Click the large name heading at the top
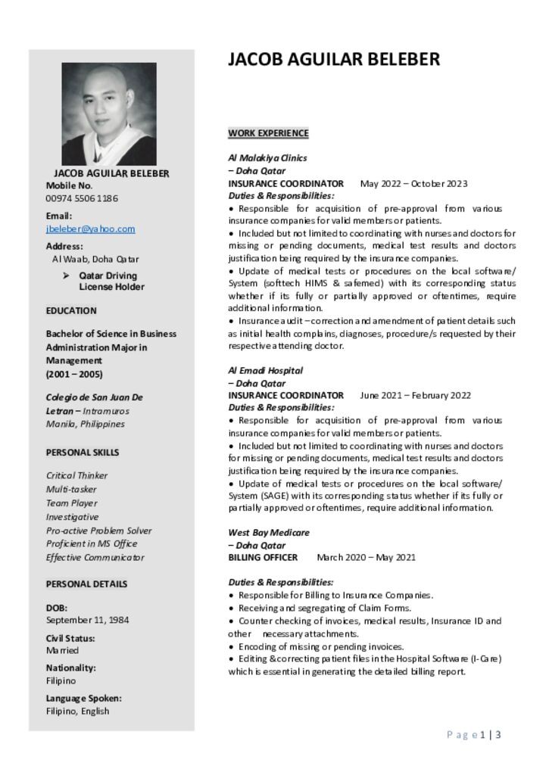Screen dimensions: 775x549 (334, 60)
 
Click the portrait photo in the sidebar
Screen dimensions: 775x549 (109, 114)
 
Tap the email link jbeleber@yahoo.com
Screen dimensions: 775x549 (90, 229)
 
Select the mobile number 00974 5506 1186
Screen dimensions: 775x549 (82, 198)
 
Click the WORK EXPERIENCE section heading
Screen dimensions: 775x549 (268, 133)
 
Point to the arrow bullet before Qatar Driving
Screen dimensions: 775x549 (66, 276)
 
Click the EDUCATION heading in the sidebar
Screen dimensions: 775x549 (71, 310)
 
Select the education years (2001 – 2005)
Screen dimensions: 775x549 (74, 374)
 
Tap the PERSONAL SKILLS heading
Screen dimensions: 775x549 (83, 453)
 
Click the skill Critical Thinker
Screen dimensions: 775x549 (76, 475)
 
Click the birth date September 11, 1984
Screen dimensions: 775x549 (87, 620)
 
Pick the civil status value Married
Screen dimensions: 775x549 (62, 650)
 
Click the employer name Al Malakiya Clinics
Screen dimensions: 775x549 (267, 158)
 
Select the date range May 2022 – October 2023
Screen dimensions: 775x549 (413, 183)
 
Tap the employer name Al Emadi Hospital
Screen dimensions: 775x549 (265, 371)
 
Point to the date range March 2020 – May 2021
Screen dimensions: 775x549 (366, 558)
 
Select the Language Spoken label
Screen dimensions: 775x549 (83, 699)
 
